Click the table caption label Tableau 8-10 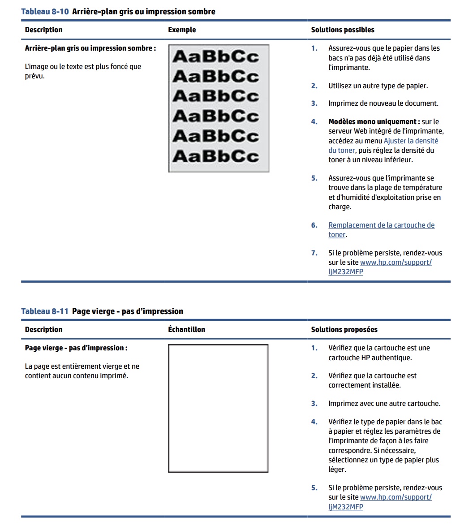tap(45, 12)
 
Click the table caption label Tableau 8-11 tap(45, 311)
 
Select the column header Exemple tap(182, 30)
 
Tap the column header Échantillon tap(186, 330)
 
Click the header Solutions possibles tap(343, 30)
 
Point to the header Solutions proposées tap(344, 330)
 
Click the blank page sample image tap(218, 408)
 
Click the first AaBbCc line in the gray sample tap(215, 57)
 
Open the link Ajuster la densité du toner tap(411, 141)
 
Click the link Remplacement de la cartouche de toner tap(381, 225)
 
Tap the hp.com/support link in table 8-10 tap(396, 263)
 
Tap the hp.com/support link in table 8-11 tap(396, 497)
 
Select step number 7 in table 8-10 tap(314, 253)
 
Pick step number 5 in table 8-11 tap(314, 488)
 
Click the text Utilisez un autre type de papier tap(378, 86)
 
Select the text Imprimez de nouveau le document tap(383, 103)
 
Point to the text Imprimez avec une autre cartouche tap(384, 404)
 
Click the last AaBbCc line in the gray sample tap(215, 156)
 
